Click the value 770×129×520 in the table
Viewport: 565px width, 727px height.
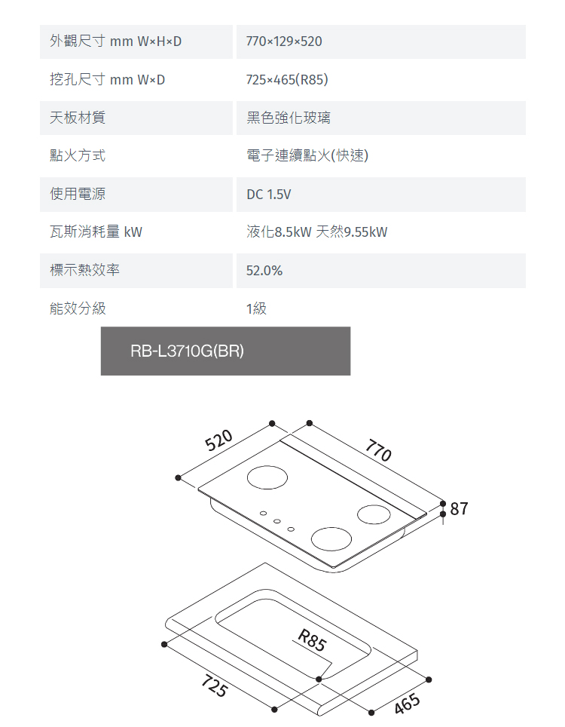point(284,41)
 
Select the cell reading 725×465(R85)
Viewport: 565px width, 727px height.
point(287,79)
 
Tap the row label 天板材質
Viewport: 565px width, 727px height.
point(77,118)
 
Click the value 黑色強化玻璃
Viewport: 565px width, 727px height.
point(288,118)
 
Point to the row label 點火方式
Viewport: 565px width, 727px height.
point(77,156)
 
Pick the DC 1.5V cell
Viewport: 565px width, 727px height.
point(268,195)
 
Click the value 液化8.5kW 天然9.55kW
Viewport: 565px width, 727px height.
point(316,232)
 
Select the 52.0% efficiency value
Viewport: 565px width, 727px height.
point(264,270)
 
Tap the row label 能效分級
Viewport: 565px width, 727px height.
point(77,308)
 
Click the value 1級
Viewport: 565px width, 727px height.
point(256,308)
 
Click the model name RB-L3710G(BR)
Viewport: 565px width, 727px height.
point(187,351)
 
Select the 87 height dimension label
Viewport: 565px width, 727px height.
point(460,509)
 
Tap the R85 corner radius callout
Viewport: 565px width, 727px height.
point(312,641)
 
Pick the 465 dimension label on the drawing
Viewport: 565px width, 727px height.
point(407,704)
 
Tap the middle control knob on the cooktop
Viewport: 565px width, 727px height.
point(276,521)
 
